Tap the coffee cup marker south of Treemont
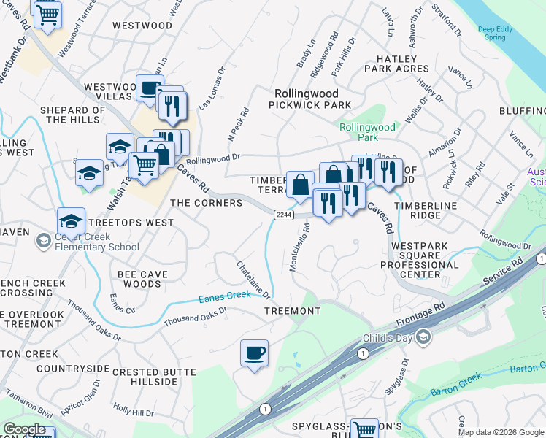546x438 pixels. tap(254, 354)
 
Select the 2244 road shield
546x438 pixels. tap(284, 215)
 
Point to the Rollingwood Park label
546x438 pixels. tap(368, 132)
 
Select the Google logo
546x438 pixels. tap(24, 429)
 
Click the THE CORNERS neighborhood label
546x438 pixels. tap(206, 203)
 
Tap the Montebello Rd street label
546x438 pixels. tap(299, 248)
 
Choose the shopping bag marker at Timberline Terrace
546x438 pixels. tap(300, 185)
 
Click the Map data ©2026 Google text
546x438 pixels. tap(500, 432)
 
